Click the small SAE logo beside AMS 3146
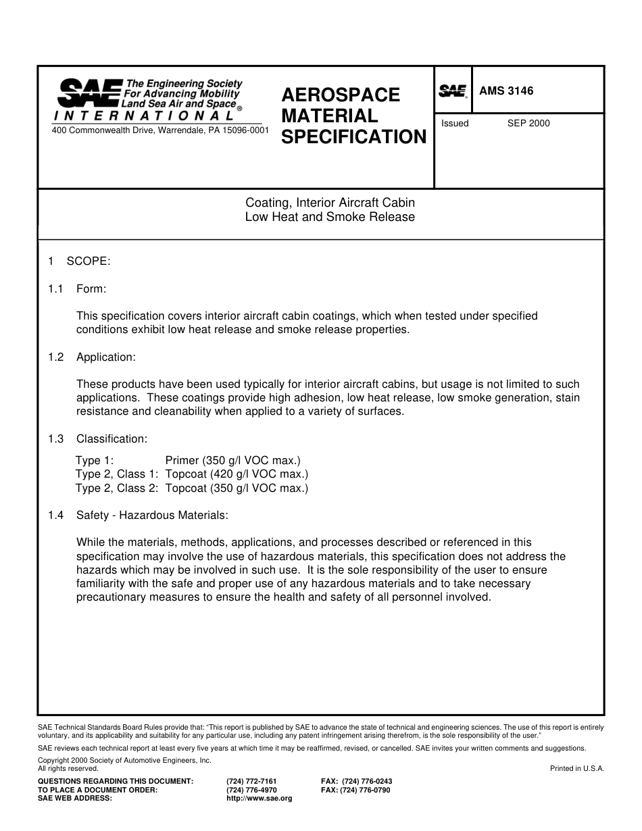pos(453,91)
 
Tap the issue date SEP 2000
pos(528,123)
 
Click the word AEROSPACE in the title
pos(341,95)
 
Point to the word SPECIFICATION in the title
pos(353,137)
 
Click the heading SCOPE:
pos(89,261)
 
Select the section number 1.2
pos(55,357)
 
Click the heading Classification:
pos(112,439)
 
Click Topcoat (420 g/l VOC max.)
pos(237,474)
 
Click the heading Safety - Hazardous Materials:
pos(152,515)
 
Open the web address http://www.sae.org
pos(259,798)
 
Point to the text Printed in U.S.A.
pos(577,768)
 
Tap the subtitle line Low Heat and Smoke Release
pos(330,217)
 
